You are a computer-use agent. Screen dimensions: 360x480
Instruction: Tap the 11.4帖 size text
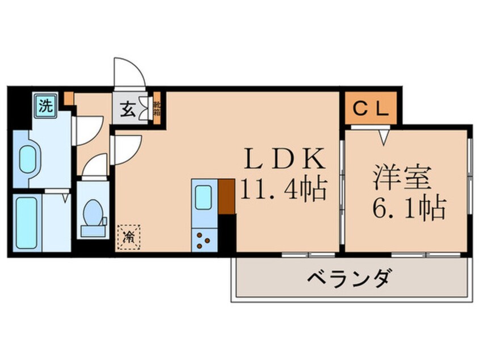pyautogui.click(x=284, y=190)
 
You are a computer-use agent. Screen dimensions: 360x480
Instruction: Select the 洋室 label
pyautogui.click(x=402, y=177)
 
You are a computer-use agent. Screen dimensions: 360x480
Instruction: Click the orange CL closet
pyautogui.click(x=372, y=108)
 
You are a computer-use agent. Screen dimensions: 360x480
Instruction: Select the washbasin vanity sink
pyautogui.click(x=27, y=159)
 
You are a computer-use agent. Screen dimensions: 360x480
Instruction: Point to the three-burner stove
pyautogui.click(x=203, y=240)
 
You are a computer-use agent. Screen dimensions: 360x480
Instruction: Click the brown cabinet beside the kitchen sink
pyautogui.click(x=226, y=196)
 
